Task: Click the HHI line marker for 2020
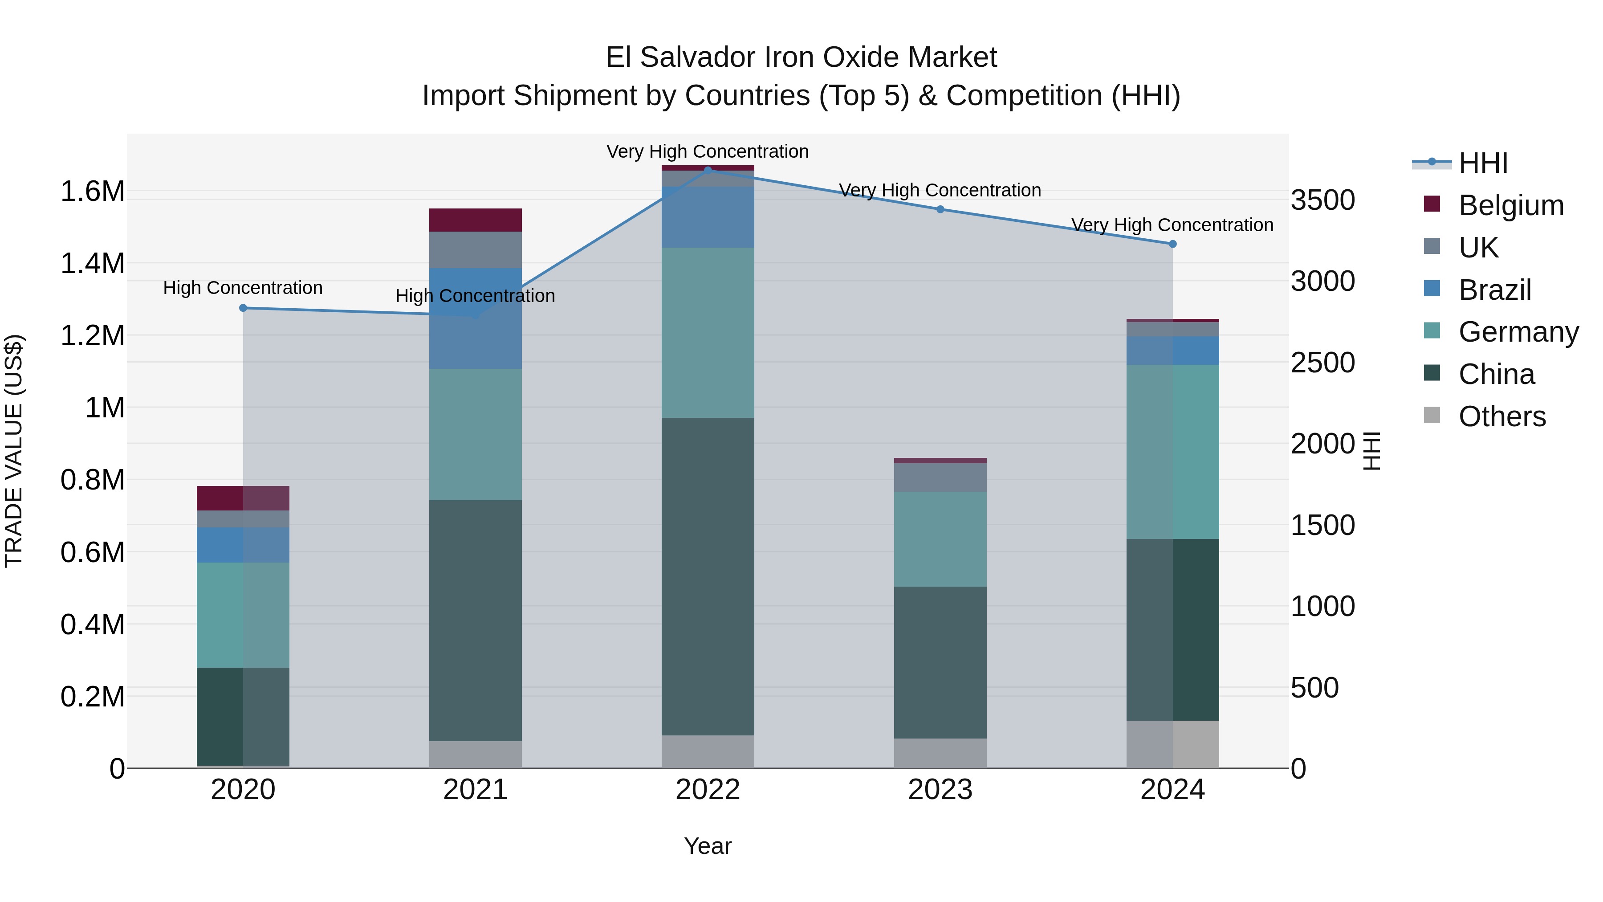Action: (243, 308)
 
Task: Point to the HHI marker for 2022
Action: (708, 170)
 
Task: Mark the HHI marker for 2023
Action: (940, 210)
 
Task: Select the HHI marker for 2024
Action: (1172, 244)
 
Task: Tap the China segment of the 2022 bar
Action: (708, 576)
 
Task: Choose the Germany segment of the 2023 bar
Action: (940, 539)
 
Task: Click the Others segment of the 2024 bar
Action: (1172, 744)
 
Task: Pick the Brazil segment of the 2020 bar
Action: (243, 545)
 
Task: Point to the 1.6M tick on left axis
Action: (92, 191)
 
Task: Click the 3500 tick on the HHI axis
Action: (1322, 200)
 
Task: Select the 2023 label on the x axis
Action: (940, 790)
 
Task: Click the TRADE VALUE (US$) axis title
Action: (14, 451)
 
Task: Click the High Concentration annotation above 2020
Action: (243, 288)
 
